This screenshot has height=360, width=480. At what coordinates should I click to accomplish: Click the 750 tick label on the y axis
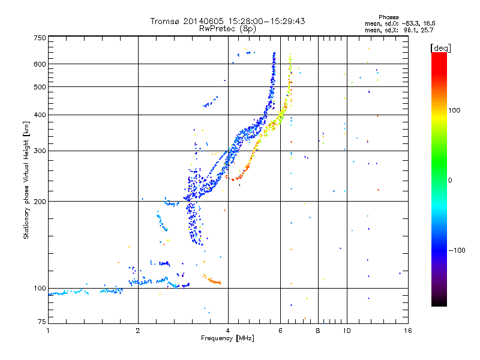coord(40,38)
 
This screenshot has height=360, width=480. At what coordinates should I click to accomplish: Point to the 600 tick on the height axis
coord(40,64)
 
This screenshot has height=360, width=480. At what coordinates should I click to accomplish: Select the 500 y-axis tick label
coord(40,86)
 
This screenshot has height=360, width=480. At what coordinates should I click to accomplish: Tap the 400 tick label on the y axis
coord(40,115)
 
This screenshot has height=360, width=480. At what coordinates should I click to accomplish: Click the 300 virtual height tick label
coord(40,151)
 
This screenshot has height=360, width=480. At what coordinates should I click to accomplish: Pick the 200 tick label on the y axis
coord(40,201)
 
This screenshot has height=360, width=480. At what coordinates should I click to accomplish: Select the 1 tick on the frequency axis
coord(48,330)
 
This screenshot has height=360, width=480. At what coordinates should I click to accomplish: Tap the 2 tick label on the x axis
coord(138,330)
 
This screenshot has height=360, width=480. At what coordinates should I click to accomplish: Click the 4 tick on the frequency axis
coord(228,330)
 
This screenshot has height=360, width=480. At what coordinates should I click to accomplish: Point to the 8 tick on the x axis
coord(318,330)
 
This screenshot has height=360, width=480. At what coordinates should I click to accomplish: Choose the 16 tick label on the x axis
coord(407,330)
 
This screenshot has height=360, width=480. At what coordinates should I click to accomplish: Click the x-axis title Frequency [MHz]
coord(227,338)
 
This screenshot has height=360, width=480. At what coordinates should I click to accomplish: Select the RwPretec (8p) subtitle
coord(228,28)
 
